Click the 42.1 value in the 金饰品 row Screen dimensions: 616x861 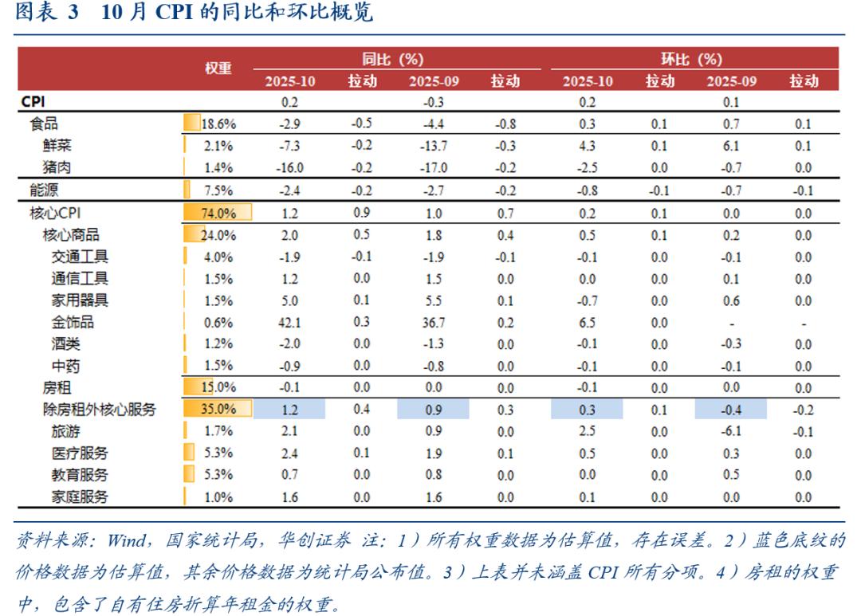[x=289, y=323]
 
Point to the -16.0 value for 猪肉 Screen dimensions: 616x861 [x=289, y=167]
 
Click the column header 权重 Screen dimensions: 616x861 [x=218, y=69]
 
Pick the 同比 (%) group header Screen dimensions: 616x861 [x=393, y=59]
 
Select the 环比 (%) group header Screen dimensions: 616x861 [x=691, y=59]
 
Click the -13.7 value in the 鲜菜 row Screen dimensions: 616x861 [x=433, y=146]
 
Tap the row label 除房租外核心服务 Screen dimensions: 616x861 [x=99, y=410]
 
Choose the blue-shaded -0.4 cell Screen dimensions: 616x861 [x=731, y=410]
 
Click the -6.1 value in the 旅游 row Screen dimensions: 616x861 [x=731, y=431]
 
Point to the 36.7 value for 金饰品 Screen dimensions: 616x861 [x=433, y=323]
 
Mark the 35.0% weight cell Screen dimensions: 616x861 [x=218, y=410]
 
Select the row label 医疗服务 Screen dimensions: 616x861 [x=80, y=453]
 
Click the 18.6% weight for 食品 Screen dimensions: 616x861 [x=218, y=124]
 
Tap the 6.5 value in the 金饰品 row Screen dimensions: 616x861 [x=588, y=323]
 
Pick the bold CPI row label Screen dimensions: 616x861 [x=33, y=102]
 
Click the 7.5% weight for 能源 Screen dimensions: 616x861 [x=218, y=190]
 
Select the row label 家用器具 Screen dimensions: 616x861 [x=80, y=300]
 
